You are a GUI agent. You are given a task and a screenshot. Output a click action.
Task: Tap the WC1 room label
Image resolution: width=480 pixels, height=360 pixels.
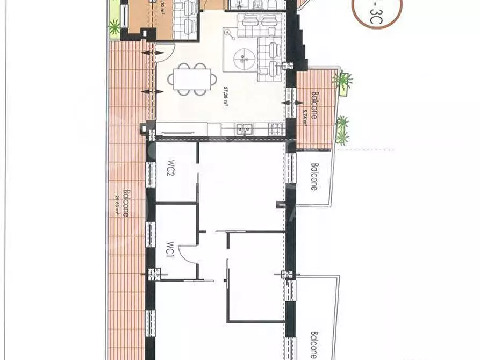click(x=168, y=250)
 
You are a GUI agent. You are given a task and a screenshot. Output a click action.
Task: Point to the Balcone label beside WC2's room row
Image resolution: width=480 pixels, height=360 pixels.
click(x=313, y=177)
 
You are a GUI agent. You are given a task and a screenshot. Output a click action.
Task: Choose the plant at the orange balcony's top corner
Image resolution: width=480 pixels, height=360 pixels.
click(x=342, y=81)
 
